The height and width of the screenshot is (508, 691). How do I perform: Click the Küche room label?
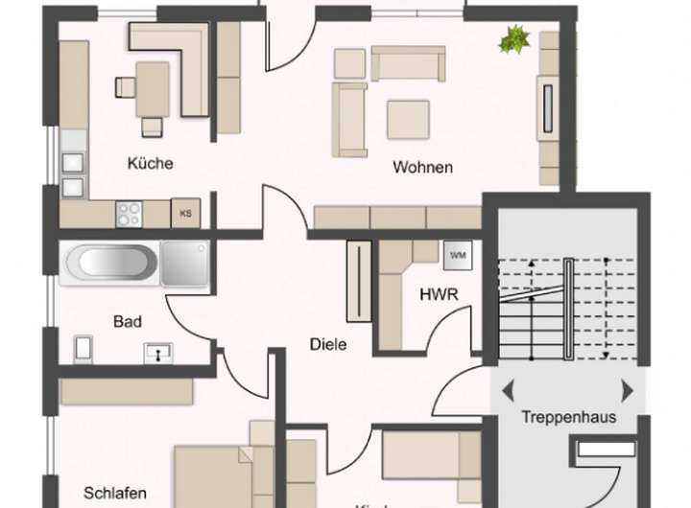coord(150,163)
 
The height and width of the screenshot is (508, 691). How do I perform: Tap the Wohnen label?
coord(422,168)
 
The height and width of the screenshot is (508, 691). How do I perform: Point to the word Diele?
coord(327,343)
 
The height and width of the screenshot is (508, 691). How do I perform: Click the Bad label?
coord(127,321)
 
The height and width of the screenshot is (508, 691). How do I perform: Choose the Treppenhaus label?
coord(568,417)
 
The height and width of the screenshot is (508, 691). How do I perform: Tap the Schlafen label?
coord(114,493)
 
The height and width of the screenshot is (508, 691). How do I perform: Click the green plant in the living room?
coord(514,39)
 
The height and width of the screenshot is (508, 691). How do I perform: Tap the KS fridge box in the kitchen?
coord(184,213)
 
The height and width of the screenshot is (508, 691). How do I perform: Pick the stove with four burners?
coord(129,213)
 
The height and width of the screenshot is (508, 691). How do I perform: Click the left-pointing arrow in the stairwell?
coord(508,390)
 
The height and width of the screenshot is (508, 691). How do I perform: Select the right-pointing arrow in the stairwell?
coord(627,390)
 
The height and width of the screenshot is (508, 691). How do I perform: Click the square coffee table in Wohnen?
coord(408,120)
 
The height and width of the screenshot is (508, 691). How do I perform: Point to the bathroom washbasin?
coord(155,352)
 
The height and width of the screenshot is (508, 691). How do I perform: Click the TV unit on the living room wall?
coord(548,107)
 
